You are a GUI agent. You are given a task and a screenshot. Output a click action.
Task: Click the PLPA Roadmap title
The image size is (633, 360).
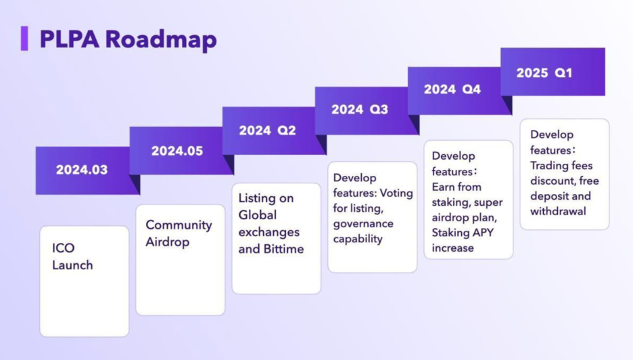coord(128,39)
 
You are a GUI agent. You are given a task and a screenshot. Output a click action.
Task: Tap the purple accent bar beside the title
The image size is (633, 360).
coord(24,39)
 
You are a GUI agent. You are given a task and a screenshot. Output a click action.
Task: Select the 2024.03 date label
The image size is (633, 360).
coord(82,170)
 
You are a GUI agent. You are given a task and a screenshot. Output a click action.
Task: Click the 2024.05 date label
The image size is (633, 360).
coord(177,151)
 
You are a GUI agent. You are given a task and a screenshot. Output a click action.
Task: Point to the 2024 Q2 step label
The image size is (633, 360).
coord(267,131)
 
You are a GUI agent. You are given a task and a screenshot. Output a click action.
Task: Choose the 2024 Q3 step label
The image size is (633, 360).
coord(360,110)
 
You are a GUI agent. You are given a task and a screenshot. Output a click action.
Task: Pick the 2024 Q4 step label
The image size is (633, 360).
coord(452,89)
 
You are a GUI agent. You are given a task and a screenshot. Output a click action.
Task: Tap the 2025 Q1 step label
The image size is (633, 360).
coord(544,72)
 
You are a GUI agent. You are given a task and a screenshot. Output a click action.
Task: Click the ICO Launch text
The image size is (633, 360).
coord(72,256)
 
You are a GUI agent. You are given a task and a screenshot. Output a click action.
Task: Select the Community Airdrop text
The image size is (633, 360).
coord(179,233)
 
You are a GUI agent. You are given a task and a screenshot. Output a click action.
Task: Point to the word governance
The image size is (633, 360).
coord(363,223)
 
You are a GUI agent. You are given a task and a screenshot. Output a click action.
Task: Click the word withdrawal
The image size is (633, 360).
coord(558,211)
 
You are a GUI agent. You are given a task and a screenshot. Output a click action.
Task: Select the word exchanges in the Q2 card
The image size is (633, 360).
coord(268,232)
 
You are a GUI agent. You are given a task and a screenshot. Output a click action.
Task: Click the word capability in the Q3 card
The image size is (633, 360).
coord(358,239)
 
